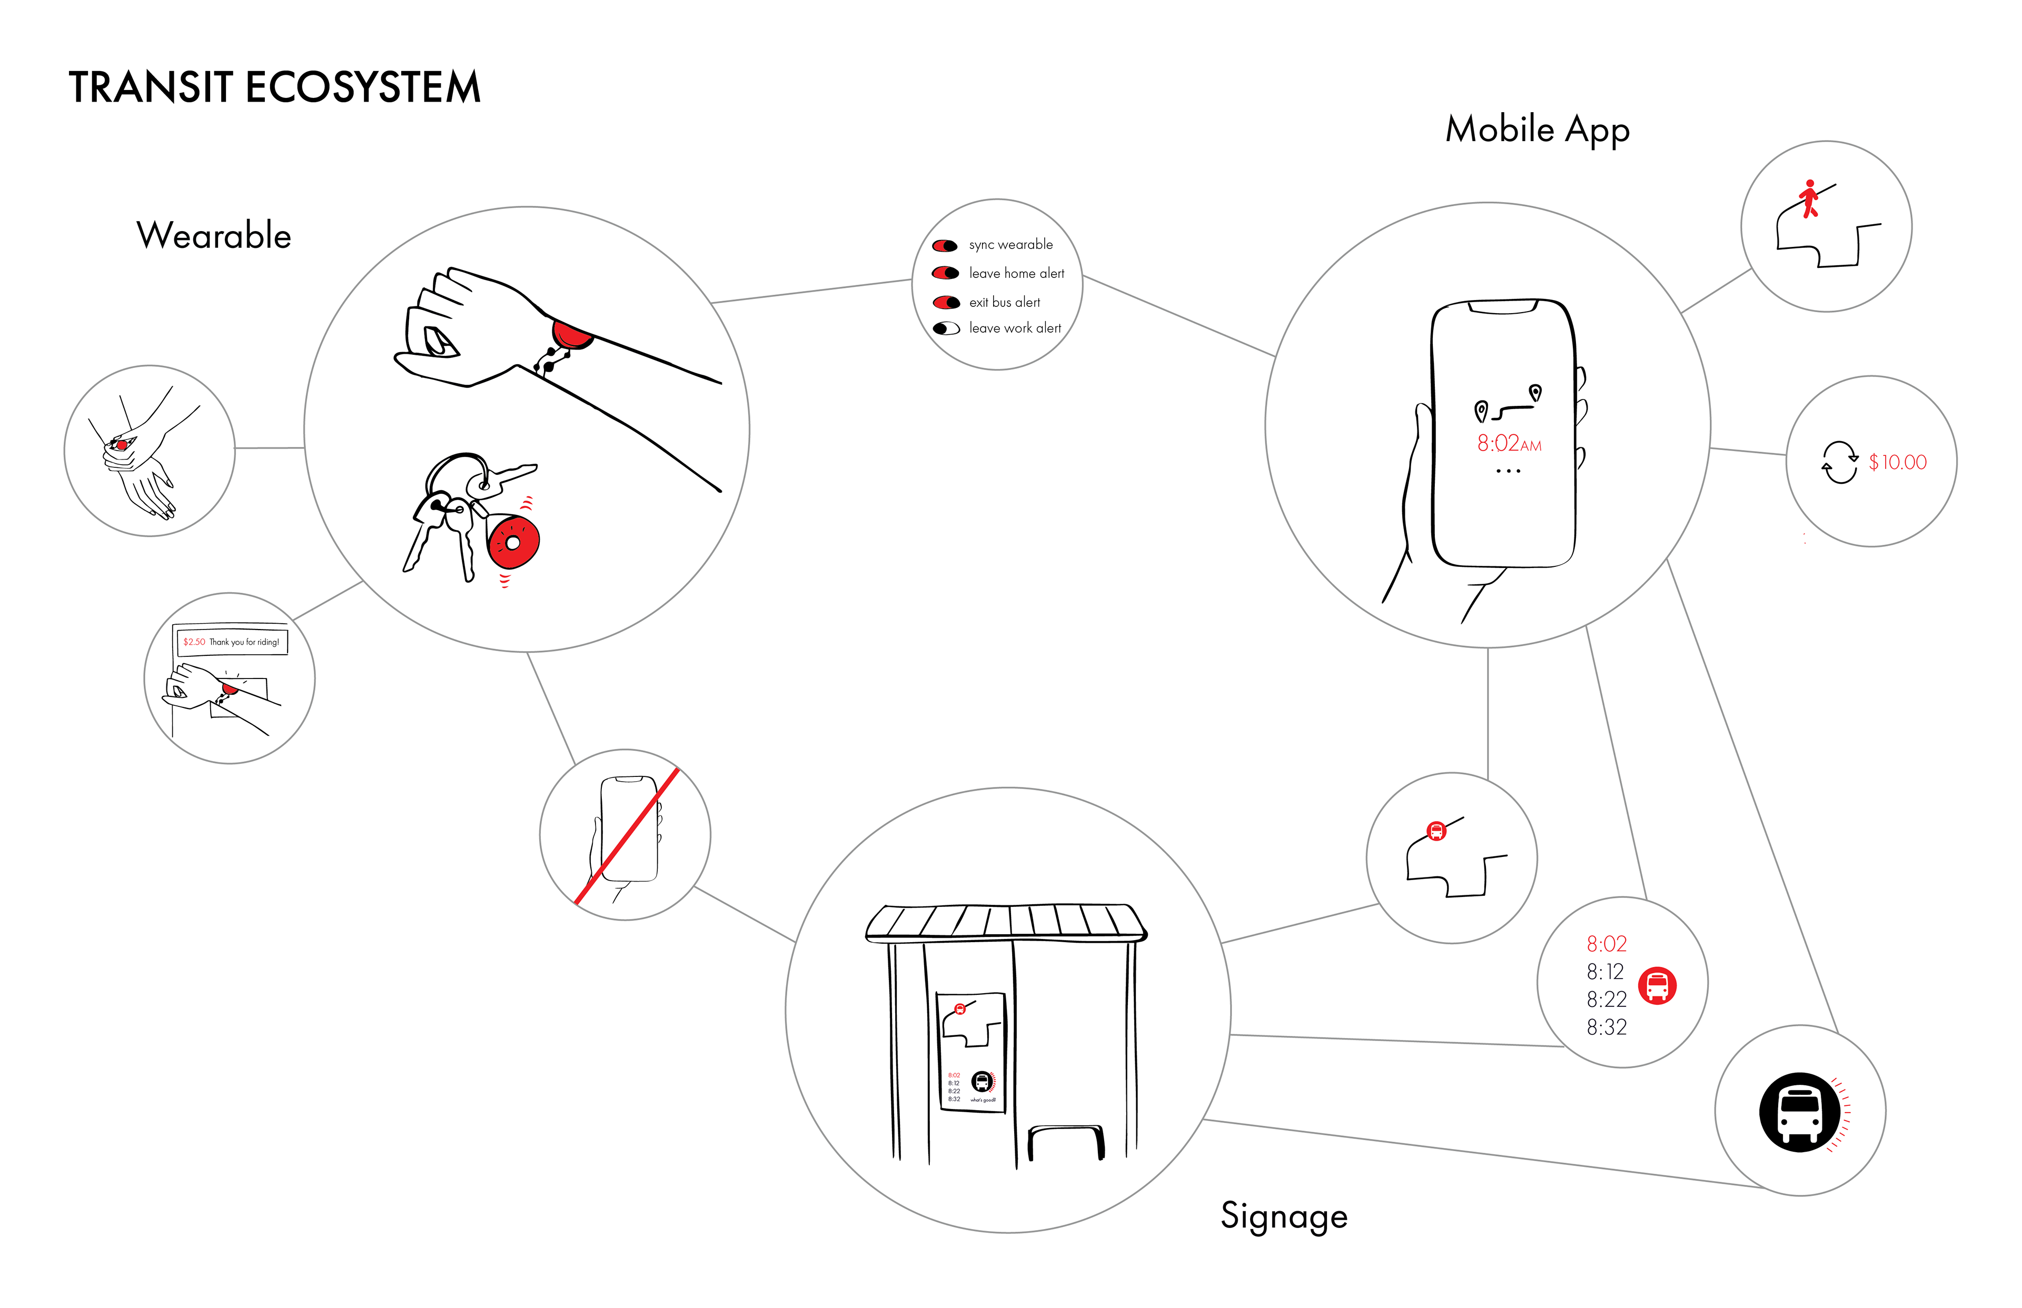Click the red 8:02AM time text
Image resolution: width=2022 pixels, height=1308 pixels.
[1509, 443]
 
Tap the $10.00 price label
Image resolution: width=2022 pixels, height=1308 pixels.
[1897, 462]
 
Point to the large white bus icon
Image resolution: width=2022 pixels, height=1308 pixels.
[1799, 1113]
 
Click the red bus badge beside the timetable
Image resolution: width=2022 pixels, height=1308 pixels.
[1657, 985]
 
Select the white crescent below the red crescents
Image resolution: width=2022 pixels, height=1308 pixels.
[949, 328]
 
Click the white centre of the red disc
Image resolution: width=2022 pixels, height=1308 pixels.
[513, 542]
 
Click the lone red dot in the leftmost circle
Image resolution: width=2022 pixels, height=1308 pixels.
[122, 445]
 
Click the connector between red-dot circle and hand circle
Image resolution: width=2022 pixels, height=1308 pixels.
[269, 447]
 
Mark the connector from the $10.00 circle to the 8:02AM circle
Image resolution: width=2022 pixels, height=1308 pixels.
[1748, 451]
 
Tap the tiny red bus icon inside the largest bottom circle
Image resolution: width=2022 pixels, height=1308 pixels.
[960, 1009]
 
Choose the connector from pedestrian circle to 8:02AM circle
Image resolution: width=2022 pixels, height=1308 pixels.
[1716, 291]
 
